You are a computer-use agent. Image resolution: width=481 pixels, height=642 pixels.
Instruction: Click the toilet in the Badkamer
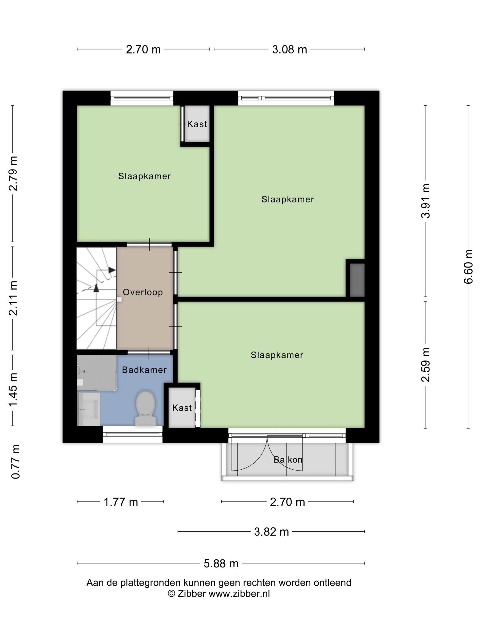coord(145,408)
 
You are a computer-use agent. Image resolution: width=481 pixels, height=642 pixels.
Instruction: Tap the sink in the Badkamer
coord(88,409)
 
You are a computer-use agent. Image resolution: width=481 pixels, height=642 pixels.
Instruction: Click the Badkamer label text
coord(144,370)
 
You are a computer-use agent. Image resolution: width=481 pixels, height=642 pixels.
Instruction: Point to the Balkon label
coord(288,459)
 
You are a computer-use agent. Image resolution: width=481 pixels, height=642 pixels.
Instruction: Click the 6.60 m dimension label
coord(468,266)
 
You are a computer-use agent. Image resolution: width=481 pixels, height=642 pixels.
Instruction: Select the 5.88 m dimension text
coord(221,563)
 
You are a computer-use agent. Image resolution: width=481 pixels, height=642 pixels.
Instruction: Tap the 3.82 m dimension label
coord(271,532)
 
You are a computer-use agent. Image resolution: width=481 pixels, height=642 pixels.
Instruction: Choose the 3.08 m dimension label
coord(289,49)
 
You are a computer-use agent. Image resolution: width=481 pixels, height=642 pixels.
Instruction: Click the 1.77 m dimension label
coord(121,502)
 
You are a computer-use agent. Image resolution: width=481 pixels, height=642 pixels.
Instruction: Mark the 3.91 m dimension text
coord(426,201)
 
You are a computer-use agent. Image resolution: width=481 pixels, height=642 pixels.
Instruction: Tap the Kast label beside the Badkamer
coord(182,408)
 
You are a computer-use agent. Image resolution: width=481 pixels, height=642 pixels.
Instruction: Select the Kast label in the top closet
coord(197,124)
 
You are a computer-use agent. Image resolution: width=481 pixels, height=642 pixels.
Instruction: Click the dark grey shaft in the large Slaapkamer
coord(357,280)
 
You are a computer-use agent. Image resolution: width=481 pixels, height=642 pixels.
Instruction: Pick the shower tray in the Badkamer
coord(97,373)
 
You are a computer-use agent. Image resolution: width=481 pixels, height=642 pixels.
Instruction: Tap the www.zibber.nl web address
coord(239,594)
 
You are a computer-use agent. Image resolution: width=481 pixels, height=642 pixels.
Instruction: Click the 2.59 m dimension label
coord(426,364)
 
